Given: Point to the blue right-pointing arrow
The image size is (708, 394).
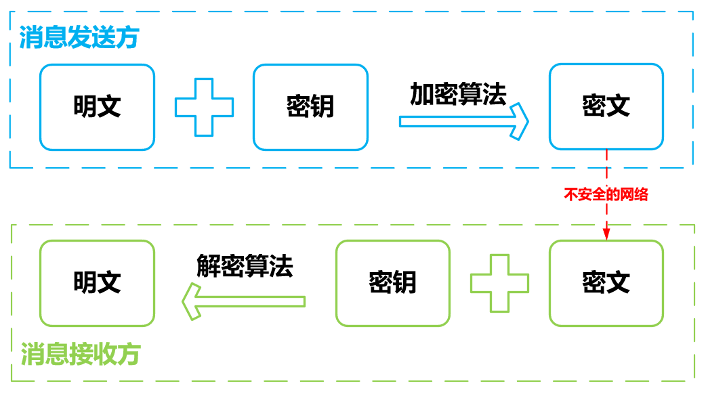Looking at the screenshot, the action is click(463, 121).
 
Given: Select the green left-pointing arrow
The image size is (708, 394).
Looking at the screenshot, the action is click(244, 301).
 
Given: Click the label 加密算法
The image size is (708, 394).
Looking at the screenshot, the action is click(458, 94).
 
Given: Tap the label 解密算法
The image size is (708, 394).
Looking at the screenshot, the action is click(245, 265).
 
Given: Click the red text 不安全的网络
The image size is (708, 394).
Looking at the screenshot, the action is click(606, 194).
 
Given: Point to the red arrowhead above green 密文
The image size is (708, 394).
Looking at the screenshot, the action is click(606, 234).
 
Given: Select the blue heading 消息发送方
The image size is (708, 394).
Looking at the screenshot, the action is click(79, 37).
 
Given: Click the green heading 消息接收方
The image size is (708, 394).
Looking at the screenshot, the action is click(81, 354).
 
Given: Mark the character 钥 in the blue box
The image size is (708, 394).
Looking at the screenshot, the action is click(322, 107).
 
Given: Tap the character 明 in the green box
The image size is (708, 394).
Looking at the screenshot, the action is click(85, 282).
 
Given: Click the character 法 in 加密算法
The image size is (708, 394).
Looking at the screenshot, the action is click(495, 94).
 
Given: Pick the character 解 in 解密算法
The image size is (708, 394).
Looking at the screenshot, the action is click(208, 265).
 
